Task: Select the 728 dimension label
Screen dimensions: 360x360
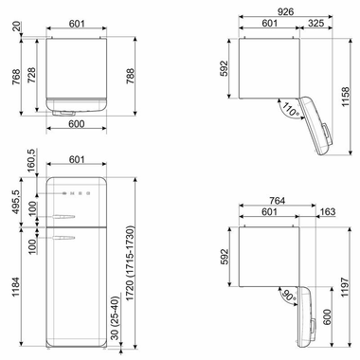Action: [31, 80]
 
